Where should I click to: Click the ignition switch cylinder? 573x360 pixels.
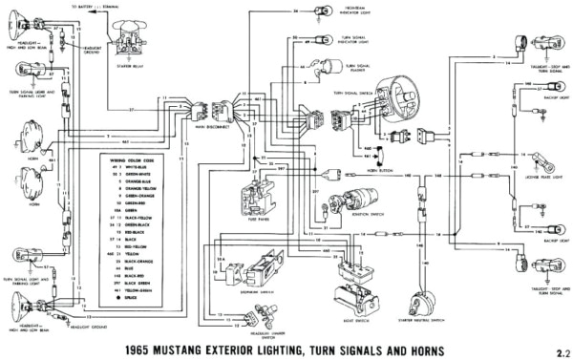click(341, 203)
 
